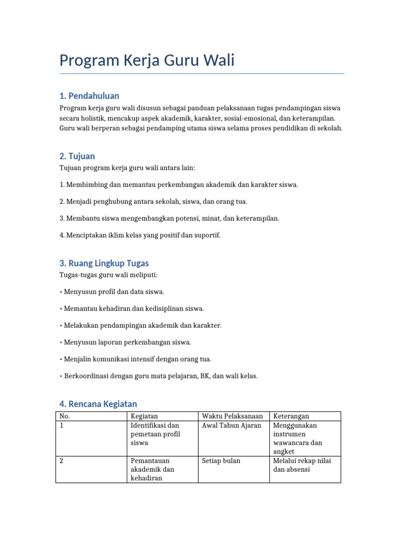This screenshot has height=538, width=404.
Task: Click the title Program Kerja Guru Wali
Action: point(147,61)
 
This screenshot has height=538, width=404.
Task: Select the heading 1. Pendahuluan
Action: point(89,96)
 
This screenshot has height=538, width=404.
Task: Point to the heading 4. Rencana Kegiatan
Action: point(98,403)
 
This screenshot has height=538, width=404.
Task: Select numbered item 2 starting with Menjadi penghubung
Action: point(153,201)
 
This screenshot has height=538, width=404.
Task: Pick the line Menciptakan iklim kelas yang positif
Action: point(140,235)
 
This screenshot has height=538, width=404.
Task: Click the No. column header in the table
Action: point(65,416)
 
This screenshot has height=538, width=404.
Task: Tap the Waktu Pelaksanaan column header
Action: point(232,416)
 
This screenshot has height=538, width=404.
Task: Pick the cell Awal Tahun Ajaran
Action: point(231,426)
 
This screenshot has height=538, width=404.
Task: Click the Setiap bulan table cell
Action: point(221,461)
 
